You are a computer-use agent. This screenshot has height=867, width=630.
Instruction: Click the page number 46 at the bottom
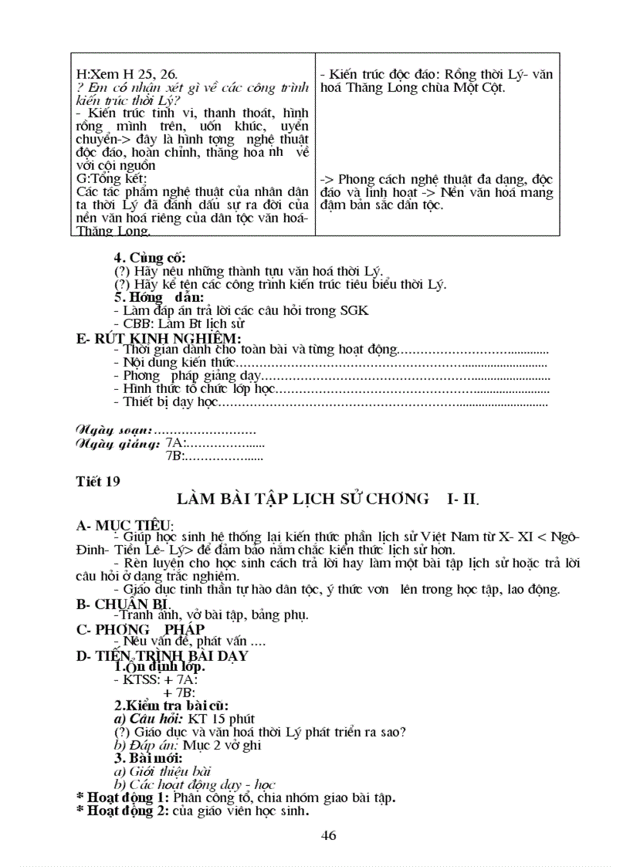(328, 835)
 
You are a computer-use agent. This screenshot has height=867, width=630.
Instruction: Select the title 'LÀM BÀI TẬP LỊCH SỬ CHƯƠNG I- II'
(327, 499)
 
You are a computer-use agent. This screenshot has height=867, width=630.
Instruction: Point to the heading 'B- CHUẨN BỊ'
(123, 604)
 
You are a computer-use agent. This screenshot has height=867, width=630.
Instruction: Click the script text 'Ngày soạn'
(113, 429)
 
